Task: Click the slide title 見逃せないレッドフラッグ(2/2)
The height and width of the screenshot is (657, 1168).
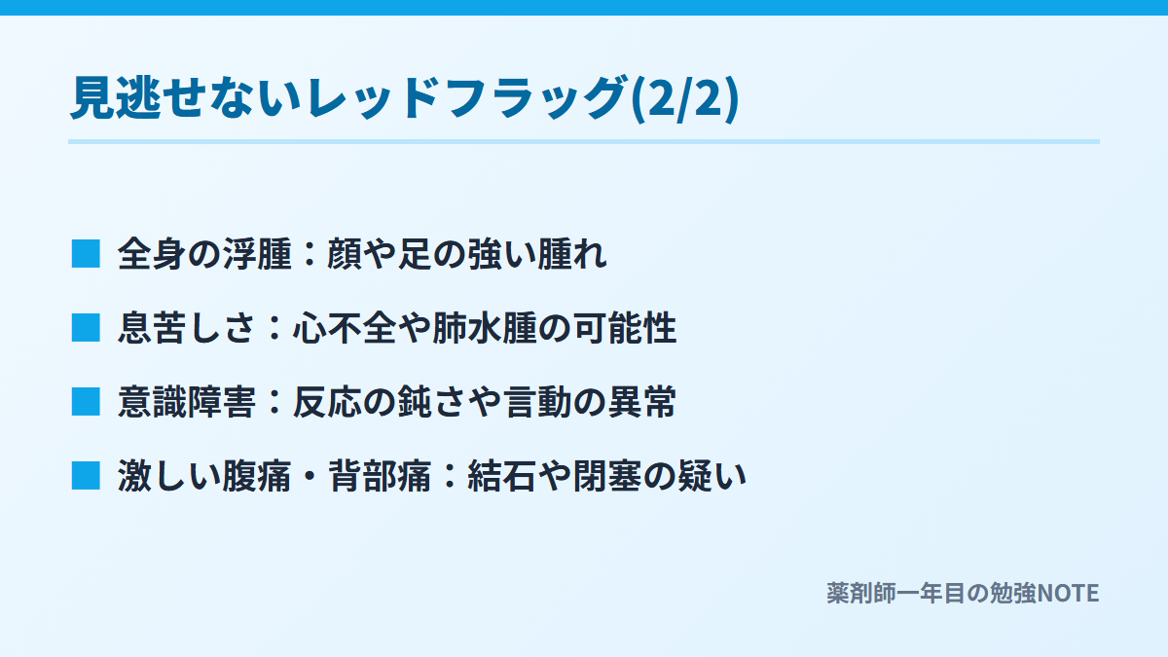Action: pos(405,98)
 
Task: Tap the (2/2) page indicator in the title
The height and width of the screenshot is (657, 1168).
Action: pos(685,98)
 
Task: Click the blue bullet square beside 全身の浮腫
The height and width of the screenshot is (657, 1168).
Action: pos(86,254)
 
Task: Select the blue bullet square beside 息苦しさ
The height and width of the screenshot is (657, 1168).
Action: pos(86,328)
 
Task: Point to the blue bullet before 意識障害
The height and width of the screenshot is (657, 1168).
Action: pos(86,401)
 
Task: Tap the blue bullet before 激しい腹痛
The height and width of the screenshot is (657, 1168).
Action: pos(86,476)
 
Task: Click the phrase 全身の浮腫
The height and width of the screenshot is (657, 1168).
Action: pos(204,254)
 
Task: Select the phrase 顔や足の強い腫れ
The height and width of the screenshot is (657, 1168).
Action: pos(466,254)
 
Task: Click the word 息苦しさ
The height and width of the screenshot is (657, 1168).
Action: pos(187,328)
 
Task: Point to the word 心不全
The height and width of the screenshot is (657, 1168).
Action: pos(345,328)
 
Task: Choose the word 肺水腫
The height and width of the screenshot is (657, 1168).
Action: pos(485,328)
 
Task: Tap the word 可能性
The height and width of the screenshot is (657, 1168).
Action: pos(625,328)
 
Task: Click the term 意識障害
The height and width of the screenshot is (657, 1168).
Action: pos(187,401)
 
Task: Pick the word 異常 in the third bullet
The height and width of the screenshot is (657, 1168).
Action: pos(641,401)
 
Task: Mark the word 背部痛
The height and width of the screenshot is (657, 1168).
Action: pos(379,476)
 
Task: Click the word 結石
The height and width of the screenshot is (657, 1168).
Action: pos(501,476)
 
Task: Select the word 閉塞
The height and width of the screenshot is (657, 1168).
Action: pos(607,476)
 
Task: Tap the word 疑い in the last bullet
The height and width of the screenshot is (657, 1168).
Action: pos(712,476)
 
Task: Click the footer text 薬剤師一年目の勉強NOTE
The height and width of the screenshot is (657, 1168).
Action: pos(963,593)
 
